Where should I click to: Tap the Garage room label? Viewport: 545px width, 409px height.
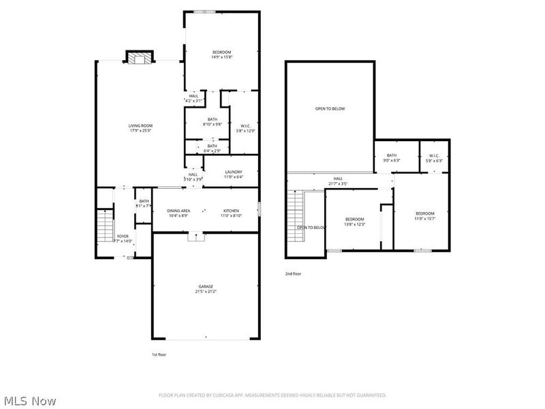(x=206, y=289)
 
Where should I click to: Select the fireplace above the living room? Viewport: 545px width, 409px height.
(x=139, y=57)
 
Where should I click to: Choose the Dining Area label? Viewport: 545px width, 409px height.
(x=180, y=213)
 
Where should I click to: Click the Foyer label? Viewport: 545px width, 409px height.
(x=123, y=238)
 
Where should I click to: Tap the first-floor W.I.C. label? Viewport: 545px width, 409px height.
(x=245, y=127)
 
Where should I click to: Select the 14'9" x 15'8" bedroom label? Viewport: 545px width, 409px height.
(x=221, y=55)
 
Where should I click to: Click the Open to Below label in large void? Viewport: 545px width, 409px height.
(x=330, y=109)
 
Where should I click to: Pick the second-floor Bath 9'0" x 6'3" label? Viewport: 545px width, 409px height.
(x=392, y=157)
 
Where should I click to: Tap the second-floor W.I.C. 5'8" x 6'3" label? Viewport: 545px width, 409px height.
(x=434, y=157)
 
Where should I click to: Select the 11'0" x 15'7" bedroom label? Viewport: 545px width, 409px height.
(x=425, y=215)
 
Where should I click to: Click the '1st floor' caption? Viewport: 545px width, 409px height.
(x=159, y=354)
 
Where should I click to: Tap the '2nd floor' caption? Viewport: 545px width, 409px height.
(x=293, y=273)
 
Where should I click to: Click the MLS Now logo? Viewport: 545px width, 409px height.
(x=29, y=401)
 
